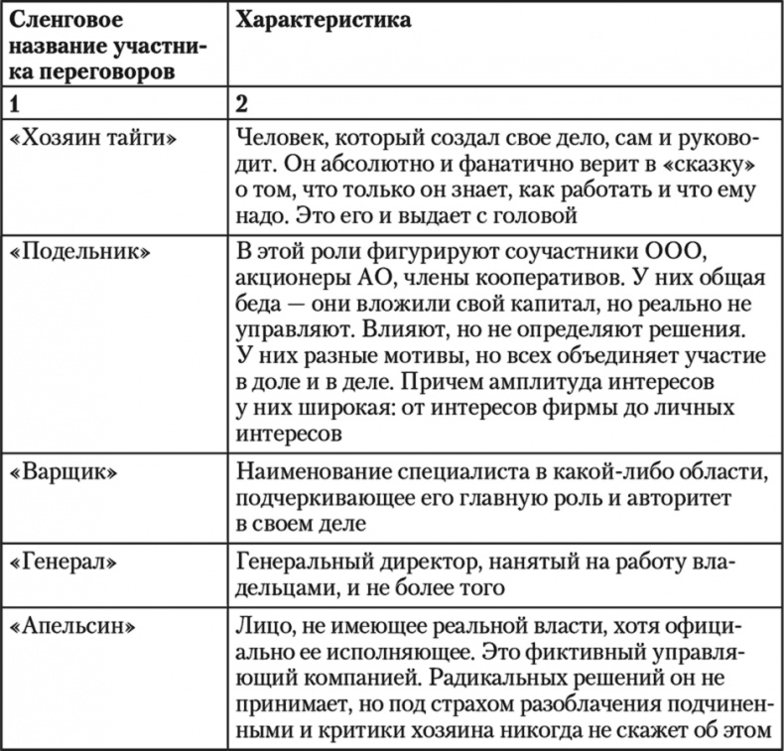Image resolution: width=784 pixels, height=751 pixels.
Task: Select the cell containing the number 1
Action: (x=14, y=102)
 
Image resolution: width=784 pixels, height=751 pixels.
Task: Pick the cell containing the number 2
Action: (x=242, y=102)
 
